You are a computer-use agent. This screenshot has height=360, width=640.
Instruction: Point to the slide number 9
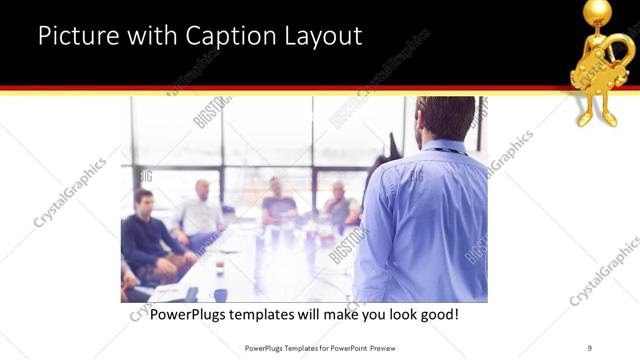pos(590,348)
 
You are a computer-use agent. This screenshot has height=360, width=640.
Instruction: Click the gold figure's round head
pos(598,12)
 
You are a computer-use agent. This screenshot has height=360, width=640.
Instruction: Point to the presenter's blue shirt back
pos(425,220)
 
